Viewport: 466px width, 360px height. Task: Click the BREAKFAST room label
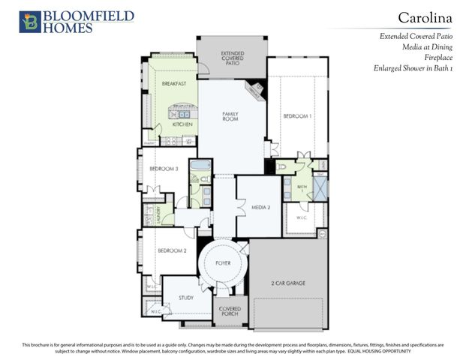[x=173, y=84]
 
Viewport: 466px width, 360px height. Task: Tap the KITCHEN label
[x=182, y=124]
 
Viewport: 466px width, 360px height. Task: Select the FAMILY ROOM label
[x=230, y=116]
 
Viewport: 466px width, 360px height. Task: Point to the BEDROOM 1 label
[x=297, y=117]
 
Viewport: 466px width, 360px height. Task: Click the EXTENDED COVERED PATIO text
[x=231, y=58]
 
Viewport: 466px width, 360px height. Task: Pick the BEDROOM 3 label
[x=163, y=169]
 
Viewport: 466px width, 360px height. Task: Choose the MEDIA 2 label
[x=260, y=206]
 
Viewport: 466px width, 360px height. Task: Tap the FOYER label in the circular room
[x=223, y=264]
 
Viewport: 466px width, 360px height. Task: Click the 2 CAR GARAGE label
[x=288, y=283]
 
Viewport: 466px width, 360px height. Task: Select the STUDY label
[x=186, y=298]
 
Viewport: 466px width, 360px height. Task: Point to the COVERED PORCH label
[x=229, y=312]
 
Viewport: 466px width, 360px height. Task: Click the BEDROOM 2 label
[x=172, y=250]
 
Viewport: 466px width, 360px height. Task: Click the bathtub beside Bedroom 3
[x=201, y=166]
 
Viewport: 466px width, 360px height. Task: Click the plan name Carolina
[x=424, y=16]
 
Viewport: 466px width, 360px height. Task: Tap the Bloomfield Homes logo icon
[x=30, y=22]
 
